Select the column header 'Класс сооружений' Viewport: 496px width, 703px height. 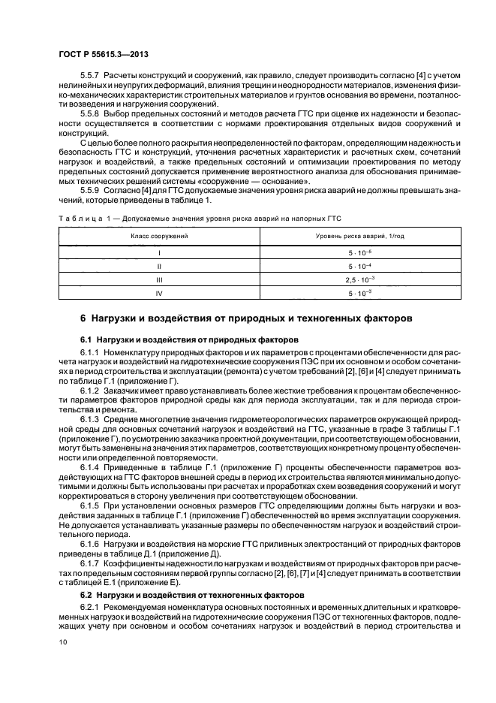click(159, 236)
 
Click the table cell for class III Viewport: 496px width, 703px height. click(159, 279)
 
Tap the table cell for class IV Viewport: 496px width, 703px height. click(159, 293)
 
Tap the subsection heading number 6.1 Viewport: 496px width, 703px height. click(86, 339)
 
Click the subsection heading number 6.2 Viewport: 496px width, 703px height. click(86, 594)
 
